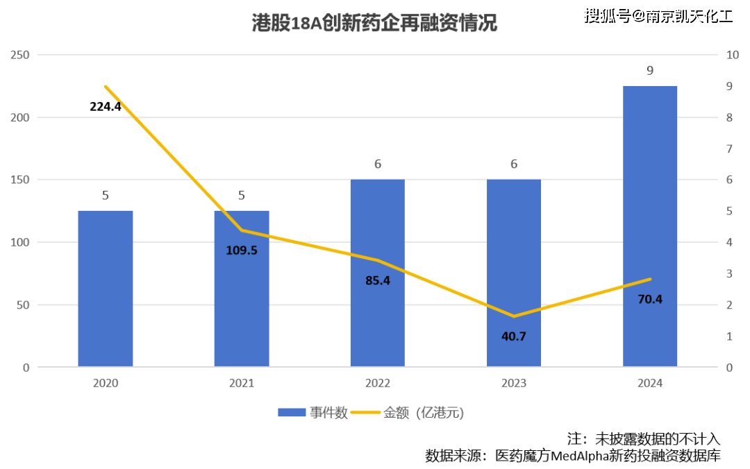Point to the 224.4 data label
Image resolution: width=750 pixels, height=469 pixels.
106,107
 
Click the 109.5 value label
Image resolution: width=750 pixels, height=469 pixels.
242,250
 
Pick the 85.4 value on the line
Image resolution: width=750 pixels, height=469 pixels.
378,281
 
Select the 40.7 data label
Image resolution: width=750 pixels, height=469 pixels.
514,336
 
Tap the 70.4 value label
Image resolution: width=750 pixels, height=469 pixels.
650,300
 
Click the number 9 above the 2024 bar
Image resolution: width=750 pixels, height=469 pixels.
650,71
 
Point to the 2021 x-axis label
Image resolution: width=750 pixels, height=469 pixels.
242,383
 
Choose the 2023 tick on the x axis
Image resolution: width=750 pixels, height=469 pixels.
514,383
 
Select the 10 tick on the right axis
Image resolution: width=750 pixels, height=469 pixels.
731,55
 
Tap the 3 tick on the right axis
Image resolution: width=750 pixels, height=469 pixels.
729,274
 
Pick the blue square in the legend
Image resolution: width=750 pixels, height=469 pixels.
292,413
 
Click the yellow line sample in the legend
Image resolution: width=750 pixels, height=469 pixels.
366,413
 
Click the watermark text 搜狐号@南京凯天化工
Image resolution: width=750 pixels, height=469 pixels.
657,15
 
